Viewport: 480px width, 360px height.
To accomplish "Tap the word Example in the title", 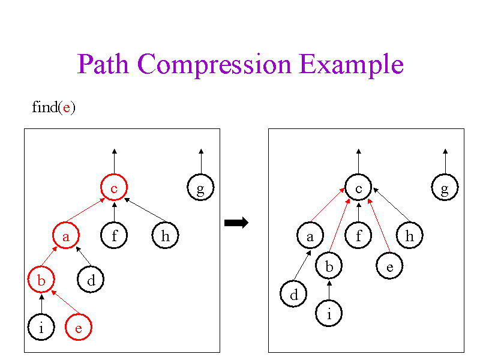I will point(351,65).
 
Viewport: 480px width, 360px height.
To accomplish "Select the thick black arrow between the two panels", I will point(236,223).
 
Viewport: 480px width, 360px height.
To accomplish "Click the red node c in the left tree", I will point(113,188).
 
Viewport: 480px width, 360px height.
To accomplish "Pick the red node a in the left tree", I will point(66,236).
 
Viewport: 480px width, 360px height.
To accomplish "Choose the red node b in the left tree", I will point(41,280).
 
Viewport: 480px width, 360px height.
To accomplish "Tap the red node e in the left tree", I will point(79,328).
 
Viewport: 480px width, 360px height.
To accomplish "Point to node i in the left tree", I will point(41,328).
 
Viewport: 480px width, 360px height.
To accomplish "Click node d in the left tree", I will point(91,280).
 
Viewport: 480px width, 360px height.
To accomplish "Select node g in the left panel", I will point(200,188).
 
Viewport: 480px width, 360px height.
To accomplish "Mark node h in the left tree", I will point(165,236).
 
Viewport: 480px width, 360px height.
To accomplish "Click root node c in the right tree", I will point(358,188).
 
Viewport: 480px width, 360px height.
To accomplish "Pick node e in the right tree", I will point(389,266).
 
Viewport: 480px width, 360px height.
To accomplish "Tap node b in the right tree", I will point(329,266).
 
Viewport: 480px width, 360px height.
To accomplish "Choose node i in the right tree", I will point(329,313).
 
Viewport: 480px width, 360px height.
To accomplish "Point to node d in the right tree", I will point(293,295).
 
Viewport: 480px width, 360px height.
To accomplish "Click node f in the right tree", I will point(358,236).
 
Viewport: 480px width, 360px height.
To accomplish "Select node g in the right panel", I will point(445,188).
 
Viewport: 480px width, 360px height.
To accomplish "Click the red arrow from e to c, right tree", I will point(379,226).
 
